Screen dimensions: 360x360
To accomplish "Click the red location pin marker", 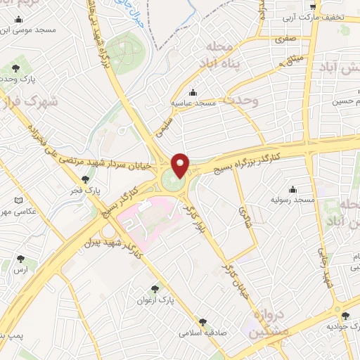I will tap(181, 165).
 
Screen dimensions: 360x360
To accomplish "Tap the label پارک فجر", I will tap(86, 191).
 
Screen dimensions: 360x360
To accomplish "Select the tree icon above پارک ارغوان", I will tap(155, 288).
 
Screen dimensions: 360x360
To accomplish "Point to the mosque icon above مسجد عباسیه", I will tap(193, 91).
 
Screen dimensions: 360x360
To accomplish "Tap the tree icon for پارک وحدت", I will tap(16, 68).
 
